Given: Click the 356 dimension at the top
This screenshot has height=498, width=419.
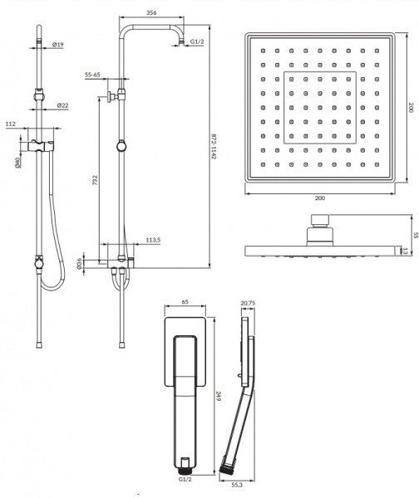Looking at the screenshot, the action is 151,12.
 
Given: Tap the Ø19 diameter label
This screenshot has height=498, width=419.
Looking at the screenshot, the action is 58,45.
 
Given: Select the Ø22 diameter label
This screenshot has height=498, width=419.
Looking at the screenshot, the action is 62,105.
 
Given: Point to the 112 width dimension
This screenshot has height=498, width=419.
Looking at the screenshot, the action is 11,124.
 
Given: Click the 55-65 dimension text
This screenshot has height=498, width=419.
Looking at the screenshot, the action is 92,75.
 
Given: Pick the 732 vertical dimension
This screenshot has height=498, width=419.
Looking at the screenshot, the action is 95,180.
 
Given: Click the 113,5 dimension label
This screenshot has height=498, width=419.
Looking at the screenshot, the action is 153,240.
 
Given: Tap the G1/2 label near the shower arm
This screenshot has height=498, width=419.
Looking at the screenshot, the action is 197,41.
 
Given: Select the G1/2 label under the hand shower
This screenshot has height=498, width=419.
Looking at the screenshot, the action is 185,479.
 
